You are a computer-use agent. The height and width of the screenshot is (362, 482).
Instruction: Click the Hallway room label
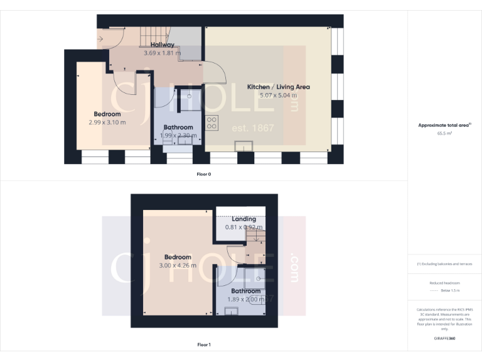pyautogui.click(x=162, y=45)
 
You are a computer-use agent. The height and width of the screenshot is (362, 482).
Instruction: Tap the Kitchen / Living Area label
pyautogui.click(x=278, y=87)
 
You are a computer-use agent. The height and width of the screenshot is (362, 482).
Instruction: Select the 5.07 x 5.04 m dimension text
pyautogui.click(x=278, y=95)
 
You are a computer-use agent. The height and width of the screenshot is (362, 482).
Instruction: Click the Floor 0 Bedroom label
pyautogui.click(x=107, y=114)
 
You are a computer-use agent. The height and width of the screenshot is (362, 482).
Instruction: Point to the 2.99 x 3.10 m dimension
pyautogui.click(x=107, y=122)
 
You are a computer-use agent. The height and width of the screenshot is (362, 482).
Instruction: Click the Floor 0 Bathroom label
pyautogui.click(x=178, y=127)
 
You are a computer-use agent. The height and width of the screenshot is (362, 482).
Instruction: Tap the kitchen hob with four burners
pyautogui.click(x=212, y=123)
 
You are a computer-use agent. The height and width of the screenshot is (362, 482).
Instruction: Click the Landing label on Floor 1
pyautogui.click(x=244, y=219)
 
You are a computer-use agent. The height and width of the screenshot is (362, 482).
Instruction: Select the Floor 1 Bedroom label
pyautogui.click(x=178, y=257)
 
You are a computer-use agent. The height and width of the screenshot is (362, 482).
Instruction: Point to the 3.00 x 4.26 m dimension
pyautogui.click(x=178, y=265)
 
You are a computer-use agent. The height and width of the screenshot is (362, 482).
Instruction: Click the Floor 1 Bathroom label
pyautogui.click(x=245, y=291)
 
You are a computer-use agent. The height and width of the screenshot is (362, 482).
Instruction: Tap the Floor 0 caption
pyautogui.click(x=204, y=173)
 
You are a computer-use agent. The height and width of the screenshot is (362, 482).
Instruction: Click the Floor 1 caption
pyautogui.click(x=204, y=344)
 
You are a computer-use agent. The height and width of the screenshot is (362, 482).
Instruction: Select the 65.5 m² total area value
pyautogui.click(x=444, y=133)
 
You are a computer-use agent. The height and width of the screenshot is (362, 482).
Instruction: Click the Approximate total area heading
pyautogui.click(x=444, y=126)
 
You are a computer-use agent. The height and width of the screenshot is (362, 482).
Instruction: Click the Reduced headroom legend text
pyautogui.click(x=444, y=283)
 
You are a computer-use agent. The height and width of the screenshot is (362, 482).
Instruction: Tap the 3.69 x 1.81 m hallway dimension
pyautogui.click(x=162, y=53)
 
